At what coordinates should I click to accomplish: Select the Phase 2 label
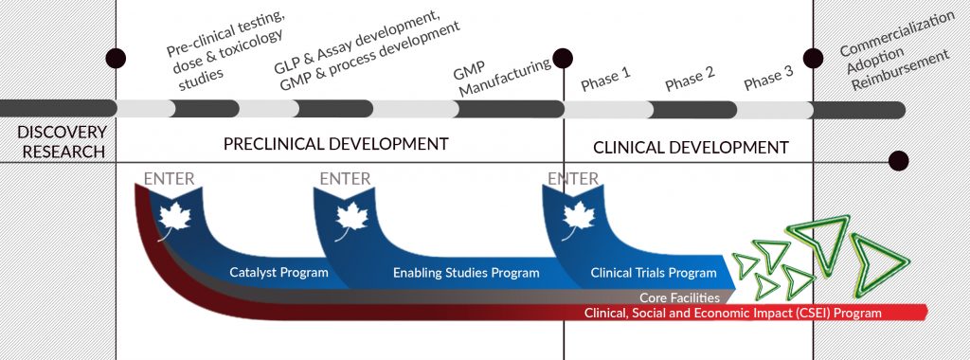(x=689, y=81)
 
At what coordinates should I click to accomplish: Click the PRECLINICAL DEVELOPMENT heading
(x=335, y=144)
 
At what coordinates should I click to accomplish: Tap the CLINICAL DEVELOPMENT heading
(x=690, y=147)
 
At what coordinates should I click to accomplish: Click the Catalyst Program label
(x=278, y=273)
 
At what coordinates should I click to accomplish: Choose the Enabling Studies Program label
(x=466, y=273)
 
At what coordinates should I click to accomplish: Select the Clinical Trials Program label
(x=654, y=273)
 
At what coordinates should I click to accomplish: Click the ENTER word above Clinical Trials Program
(x=573, y=178)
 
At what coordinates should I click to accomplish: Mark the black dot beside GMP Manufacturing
(x=563, y=58)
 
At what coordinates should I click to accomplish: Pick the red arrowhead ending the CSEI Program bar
(x=920, y=313)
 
